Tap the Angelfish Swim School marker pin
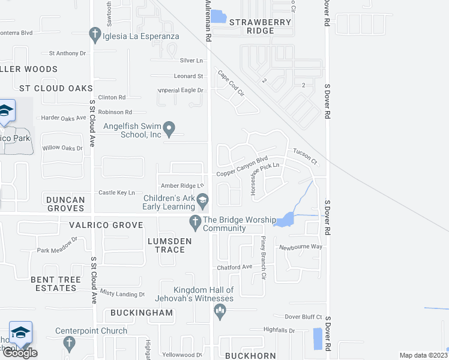pos(169,127)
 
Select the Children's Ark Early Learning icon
pos(203,199)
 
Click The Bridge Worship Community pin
pos(194,222)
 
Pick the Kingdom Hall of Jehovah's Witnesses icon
pos(220,310)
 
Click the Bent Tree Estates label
pos(53,284)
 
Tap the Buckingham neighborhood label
pos(142,313)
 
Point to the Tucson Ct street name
pos(305,157)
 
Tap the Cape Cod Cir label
pos(231,84)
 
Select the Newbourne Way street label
pos(300,247)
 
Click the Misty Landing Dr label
pos(122,294)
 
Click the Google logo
pos(20,353)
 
